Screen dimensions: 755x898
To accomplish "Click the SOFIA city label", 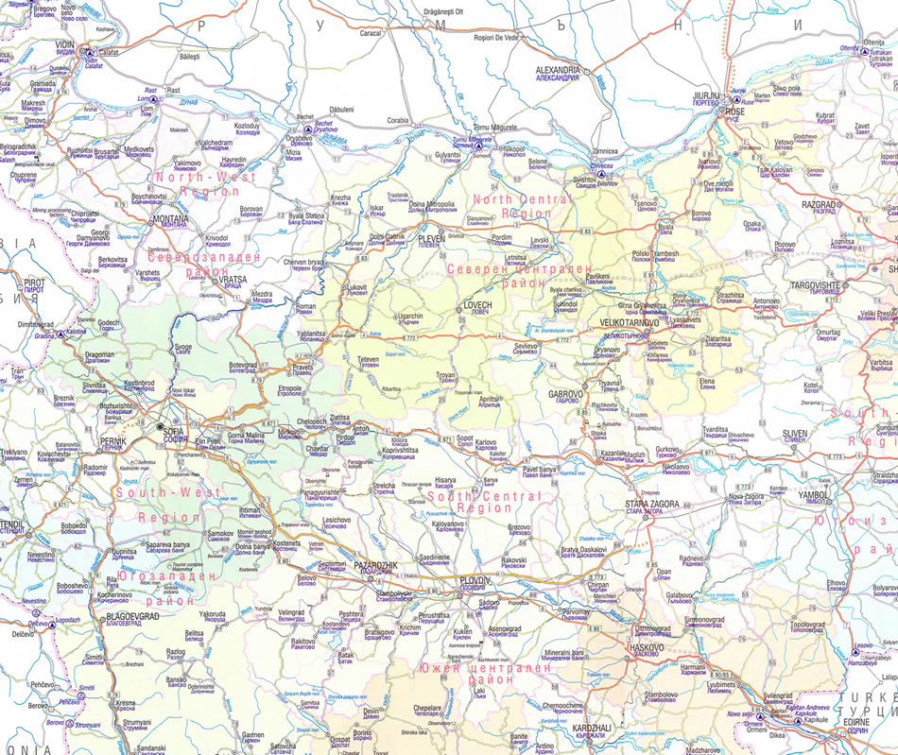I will [x=173, y=430].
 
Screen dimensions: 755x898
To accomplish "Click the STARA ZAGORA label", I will [x=651, y=505].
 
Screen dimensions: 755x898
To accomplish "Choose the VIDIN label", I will [x=64, y=43].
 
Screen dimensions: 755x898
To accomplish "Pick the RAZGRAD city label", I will [x=819, y=204].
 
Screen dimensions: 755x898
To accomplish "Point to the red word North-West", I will [x=194, y=177].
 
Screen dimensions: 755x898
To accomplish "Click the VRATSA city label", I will [x=233, y=280].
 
